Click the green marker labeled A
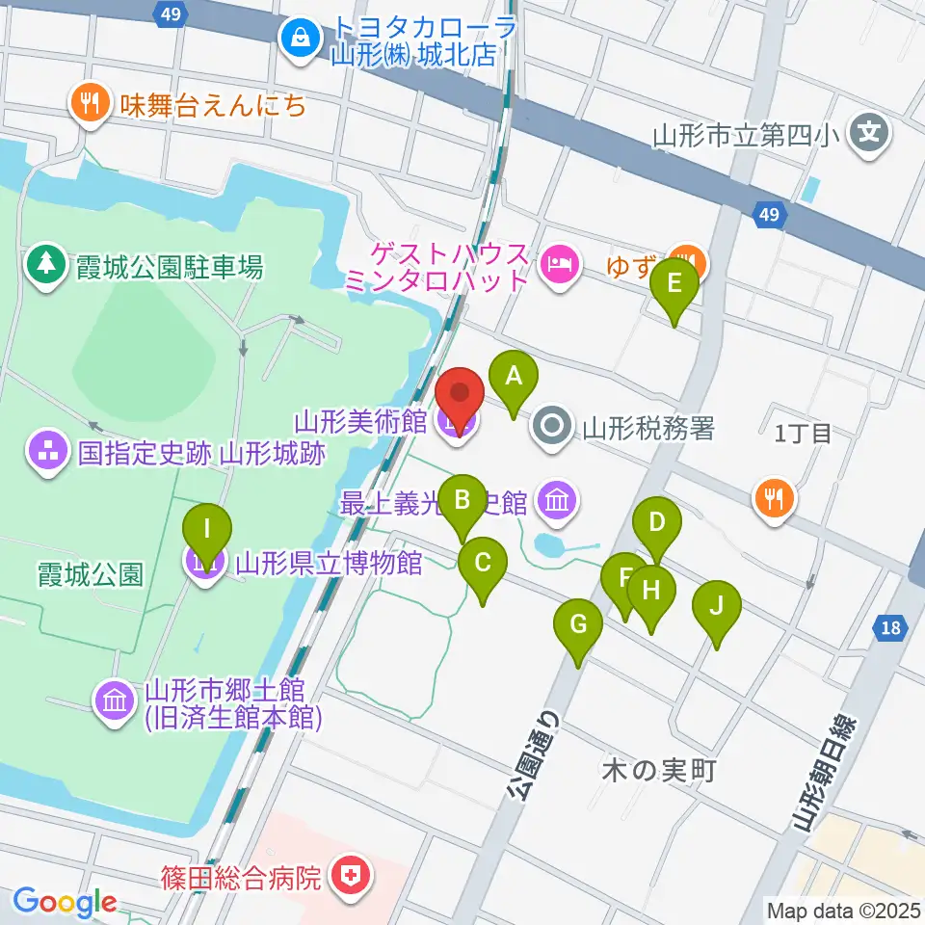point(514,376)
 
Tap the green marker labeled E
point(674,284)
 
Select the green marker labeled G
point(578,624)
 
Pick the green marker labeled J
point(716,606)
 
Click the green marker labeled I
point(207,530)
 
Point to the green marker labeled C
point(483,562)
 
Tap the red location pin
point(460,395)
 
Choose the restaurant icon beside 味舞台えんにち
point(92,101)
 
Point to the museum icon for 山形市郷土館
point(115,701)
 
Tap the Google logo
point(65,902)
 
